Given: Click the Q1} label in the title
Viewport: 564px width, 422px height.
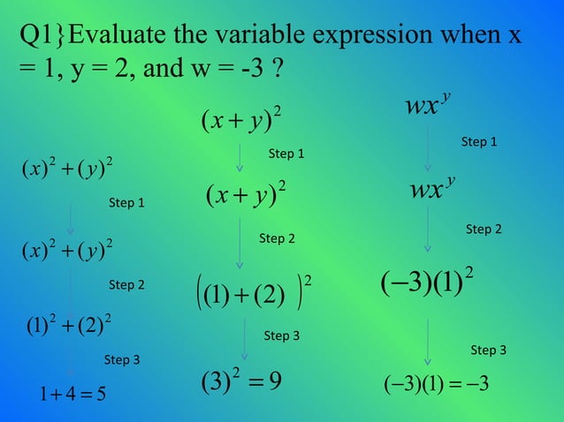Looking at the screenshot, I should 41,37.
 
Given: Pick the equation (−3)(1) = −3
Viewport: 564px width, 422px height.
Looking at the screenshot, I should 438,387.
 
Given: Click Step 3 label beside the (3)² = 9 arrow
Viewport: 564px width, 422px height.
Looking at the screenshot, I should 282,335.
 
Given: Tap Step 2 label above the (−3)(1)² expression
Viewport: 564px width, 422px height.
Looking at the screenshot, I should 484,230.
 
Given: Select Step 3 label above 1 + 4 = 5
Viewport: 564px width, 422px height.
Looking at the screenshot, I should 122,359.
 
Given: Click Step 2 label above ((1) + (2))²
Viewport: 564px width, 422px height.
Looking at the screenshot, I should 277,238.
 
